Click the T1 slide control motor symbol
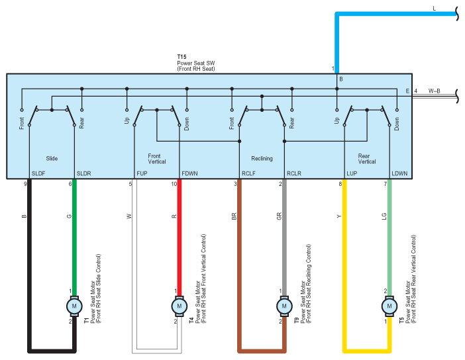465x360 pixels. pos(74,306)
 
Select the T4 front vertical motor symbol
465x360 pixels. pos(178,306)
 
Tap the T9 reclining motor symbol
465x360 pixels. pos(284,306)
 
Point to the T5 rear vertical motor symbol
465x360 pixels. pos(389,306)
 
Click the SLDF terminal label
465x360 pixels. pos(38,173)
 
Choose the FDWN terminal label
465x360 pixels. pos(188,173)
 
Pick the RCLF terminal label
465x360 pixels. pos(249,173)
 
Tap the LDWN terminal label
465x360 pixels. pos(399,173)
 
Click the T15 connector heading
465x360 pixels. pos(181,58)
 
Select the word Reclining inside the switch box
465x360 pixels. pos(262,159)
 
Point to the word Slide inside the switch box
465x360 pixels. pos(52,159)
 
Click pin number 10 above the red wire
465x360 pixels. pos(174,184)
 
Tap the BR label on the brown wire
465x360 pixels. pos(234,216)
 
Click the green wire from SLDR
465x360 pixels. pos(74,238)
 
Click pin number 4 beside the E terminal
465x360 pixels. pos(415,91)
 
